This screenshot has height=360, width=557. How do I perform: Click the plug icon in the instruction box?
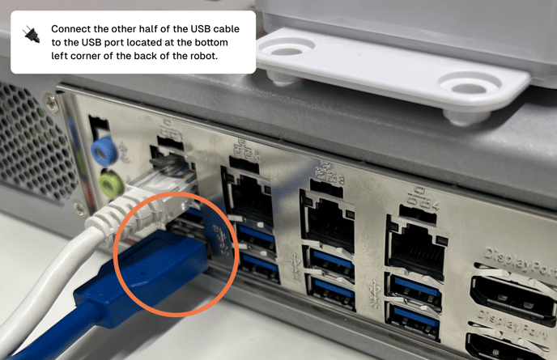(x=31, y=35)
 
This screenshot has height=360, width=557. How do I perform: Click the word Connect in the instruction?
(x=71, y=28)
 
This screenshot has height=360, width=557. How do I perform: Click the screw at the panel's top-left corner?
(x=52, y=100)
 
